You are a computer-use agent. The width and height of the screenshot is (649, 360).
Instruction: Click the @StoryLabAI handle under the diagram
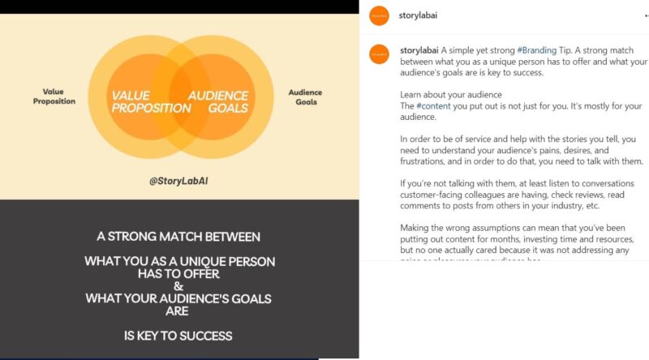(179, 181)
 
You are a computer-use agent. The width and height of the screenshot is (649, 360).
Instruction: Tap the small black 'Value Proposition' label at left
(54, 96)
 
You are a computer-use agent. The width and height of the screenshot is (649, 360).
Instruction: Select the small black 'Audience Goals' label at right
(305, 96)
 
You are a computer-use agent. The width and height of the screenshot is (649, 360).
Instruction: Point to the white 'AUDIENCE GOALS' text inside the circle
(218, 101)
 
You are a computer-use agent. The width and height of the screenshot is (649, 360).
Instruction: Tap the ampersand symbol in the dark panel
(179, 286)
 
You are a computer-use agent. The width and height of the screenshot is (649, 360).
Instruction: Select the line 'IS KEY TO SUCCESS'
(179, 335)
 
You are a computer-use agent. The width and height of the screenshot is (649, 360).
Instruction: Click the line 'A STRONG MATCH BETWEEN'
(179, 237)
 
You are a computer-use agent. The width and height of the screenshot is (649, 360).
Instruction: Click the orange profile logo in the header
(378, 15)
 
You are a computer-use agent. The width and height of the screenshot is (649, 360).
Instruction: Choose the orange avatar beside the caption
(378, 54)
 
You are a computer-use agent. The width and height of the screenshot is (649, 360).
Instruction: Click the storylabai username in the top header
(419, 15)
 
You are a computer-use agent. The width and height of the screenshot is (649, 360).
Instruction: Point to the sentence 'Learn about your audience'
(451, 95)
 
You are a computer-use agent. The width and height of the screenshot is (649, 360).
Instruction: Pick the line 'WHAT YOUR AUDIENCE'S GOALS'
(179, 298)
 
